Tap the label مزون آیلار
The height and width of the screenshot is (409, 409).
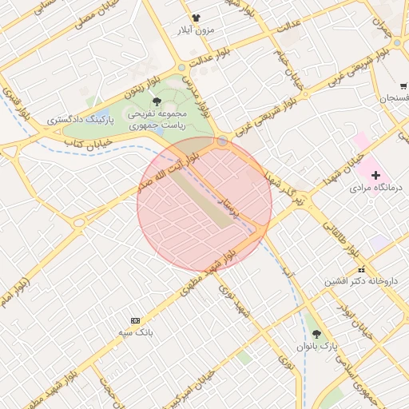pos(196,30)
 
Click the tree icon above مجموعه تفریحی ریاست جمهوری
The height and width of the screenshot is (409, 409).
pos(157,101)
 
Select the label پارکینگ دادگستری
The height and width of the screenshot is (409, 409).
pos(80,119)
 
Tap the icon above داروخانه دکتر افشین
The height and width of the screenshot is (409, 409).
pos(361,269)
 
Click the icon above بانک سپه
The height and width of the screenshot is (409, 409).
pos(134,320)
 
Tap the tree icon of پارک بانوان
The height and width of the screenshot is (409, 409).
pos(317,334)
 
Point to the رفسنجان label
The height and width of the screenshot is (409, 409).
pos(394,97)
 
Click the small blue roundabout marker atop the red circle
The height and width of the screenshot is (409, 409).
pos(222,141)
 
